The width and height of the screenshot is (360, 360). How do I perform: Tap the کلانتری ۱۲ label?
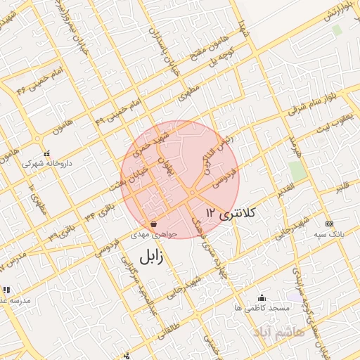coord(231,212)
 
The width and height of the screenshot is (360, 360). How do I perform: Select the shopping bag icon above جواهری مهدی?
coord(153,224)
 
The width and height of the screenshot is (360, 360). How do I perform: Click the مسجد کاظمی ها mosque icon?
coord(263,297)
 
